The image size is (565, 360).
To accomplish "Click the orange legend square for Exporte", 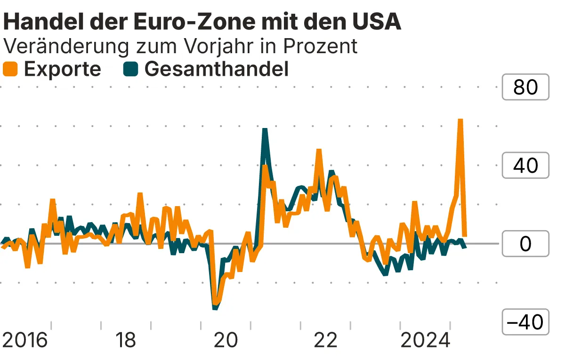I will tap(10, 69).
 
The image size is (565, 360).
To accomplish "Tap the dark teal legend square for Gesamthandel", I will tap(130, 69).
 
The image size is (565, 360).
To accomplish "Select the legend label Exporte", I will tap(62, 69).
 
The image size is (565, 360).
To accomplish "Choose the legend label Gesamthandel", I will tap(216, 69).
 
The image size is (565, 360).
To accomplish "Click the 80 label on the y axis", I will tap(525, 87).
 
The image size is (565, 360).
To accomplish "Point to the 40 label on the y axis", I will tap(525, 165).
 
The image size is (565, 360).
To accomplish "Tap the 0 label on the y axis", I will tap(525, 244).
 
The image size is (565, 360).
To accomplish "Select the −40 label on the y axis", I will tap(525, 322).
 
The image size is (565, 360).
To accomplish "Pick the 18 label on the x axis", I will tap(126, 340).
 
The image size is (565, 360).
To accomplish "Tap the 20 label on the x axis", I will tap(226, 340).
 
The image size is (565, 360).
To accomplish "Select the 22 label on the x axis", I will tap(325, 340).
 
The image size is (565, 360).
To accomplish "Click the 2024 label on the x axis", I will tap(425, 340).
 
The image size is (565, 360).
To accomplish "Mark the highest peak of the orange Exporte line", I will tap(460, 120).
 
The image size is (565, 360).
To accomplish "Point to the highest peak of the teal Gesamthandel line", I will tap(265, 129).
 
